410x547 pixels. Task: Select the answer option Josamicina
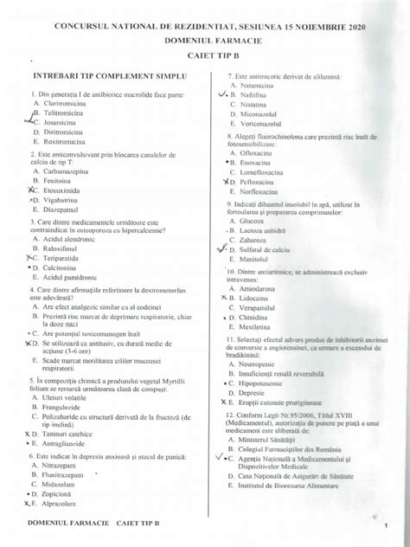pyautogui.click(x=61, y=124)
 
